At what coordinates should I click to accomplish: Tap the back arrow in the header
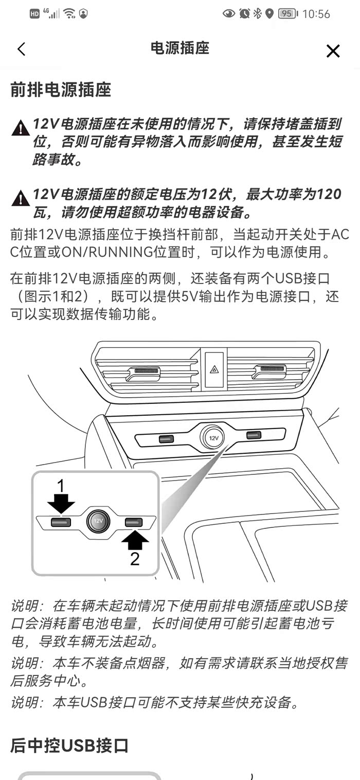click(x=21, y=49)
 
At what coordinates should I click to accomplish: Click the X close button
click(x=333, y=51)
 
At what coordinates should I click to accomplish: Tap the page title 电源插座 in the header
click(x=179, y=48)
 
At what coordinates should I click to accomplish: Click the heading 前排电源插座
click(x=61, y=90)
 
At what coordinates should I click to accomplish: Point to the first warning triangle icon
click(x=20, y=128)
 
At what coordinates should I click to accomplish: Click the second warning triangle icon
click(x=20, y=198)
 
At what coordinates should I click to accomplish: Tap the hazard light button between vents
click(x=214, y=369)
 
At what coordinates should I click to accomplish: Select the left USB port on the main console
click(x=166, y=439)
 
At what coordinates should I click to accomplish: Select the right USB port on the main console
click(x=254, y=435)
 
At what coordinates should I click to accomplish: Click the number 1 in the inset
click(x=61, y=486)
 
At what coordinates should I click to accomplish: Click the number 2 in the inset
click(x=135, y=559)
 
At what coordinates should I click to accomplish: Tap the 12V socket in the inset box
click(x=99, y=521)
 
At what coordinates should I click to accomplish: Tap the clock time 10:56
click(x=316, y=14)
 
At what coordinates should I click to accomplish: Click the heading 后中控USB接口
click(x=69, y=745)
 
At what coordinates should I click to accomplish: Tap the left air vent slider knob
click(x=143, y=374)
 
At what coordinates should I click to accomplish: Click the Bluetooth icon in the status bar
click(x=257, y=13)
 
